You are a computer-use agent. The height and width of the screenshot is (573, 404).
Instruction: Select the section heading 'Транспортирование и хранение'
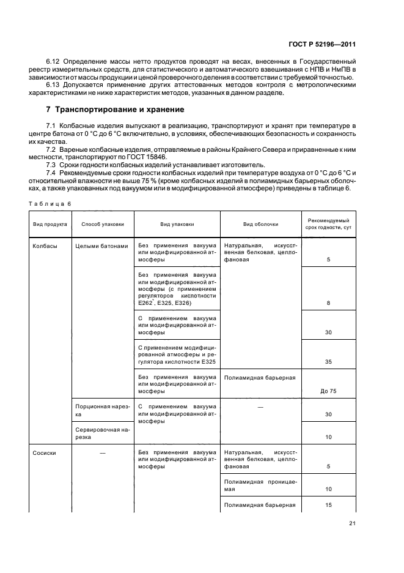(116, 110)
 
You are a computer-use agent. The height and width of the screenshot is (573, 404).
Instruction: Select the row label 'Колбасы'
(45, 246)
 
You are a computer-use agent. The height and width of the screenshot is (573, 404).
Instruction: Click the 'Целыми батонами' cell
(101, 246)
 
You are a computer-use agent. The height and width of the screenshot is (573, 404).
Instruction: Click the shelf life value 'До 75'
(328, 391)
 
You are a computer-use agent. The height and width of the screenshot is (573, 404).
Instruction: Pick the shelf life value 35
(328, 362)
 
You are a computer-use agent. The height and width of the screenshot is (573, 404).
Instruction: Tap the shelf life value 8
(328, 303)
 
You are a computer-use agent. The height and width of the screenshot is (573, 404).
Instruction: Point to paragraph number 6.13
(54, 84)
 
